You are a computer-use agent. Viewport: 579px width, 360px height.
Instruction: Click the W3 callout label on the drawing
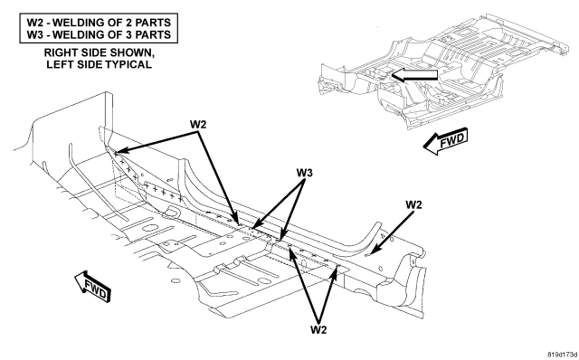click(x=304, y=173)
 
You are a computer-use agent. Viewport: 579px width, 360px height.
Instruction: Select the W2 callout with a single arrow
click(x=413, y=204)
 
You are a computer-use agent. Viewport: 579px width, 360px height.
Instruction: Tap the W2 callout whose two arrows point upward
click(x=318, y=329)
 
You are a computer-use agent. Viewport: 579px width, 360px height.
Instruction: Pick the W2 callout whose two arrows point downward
click(x=198, y=124)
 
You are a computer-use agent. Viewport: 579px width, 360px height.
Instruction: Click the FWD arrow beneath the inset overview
click(x=446, y=141)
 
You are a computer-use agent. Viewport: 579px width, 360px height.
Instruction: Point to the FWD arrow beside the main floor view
click(x=92, y=286)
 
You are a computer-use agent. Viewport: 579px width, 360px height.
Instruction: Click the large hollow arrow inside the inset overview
click(x=414, y=75)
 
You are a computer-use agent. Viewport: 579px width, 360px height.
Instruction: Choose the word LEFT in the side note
click(x=59, y=64)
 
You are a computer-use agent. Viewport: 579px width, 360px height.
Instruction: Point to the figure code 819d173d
click(x=562, y=355)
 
